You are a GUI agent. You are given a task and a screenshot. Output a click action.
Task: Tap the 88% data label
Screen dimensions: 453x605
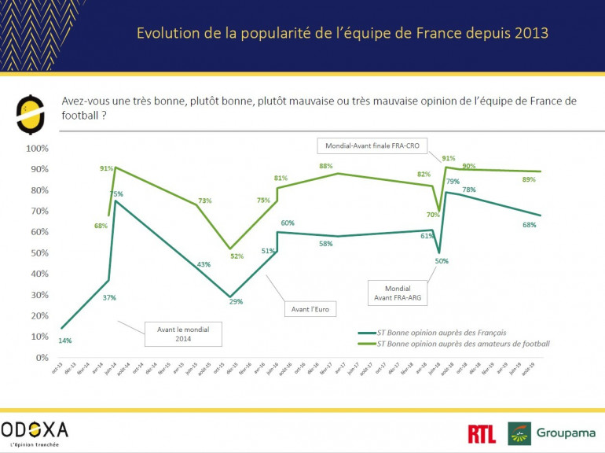[326, 166]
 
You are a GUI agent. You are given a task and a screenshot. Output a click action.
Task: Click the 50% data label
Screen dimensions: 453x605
[441, 261]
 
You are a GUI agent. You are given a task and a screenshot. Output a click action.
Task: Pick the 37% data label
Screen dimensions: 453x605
[109, 296]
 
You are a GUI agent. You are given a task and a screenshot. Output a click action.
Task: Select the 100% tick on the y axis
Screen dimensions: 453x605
[37, 148]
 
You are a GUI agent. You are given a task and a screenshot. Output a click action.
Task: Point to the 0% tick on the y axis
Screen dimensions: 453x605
[42, 357]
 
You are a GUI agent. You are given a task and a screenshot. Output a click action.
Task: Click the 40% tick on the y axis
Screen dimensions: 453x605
[38, 274]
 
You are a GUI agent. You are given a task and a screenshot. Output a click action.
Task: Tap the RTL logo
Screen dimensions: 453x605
[481, 433]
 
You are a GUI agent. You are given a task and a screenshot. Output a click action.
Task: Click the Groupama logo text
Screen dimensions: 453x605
[566, 433]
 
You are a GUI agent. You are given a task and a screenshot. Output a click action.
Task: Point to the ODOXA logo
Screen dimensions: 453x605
[36, 430]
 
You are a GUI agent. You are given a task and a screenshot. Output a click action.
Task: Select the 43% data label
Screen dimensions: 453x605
[203, 263]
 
